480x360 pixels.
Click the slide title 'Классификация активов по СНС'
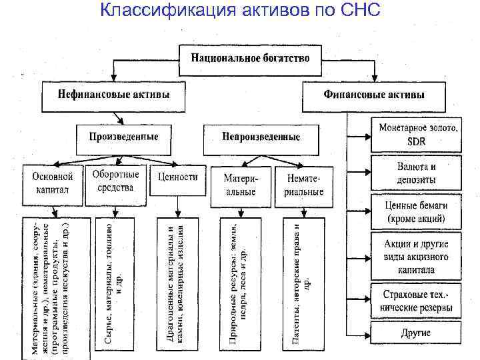click(240, 11)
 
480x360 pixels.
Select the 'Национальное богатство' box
click(250, 58)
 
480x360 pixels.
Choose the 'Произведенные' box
click(123, 137)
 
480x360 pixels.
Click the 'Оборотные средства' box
click(115, 181)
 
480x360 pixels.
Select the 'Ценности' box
click(177, 178)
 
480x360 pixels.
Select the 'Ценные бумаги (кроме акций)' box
click(416, 212)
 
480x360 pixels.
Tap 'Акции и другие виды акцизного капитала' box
click(416, 256)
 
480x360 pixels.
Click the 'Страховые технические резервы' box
click(416, 301)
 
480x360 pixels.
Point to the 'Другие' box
click(416, 333)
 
